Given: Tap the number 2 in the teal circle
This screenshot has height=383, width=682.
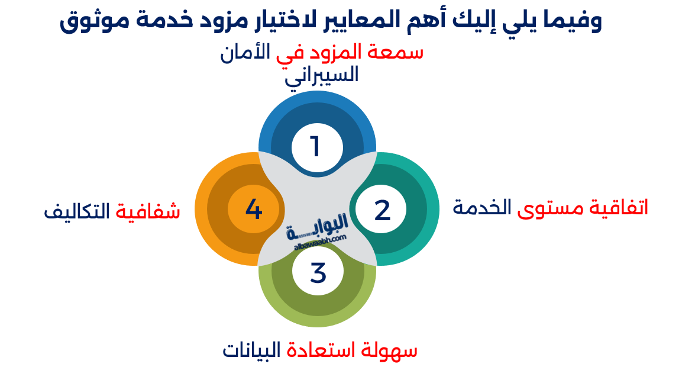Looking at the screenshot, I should point(383,210).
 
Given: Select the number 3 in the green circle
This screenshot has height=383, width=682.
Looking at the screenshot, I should point(318,273).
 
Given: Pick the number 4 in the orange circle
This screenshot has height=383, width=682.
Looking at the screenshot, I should point(254,210).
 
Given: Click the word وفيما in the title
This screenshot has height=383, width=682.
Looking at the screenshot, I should point(570,21).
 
